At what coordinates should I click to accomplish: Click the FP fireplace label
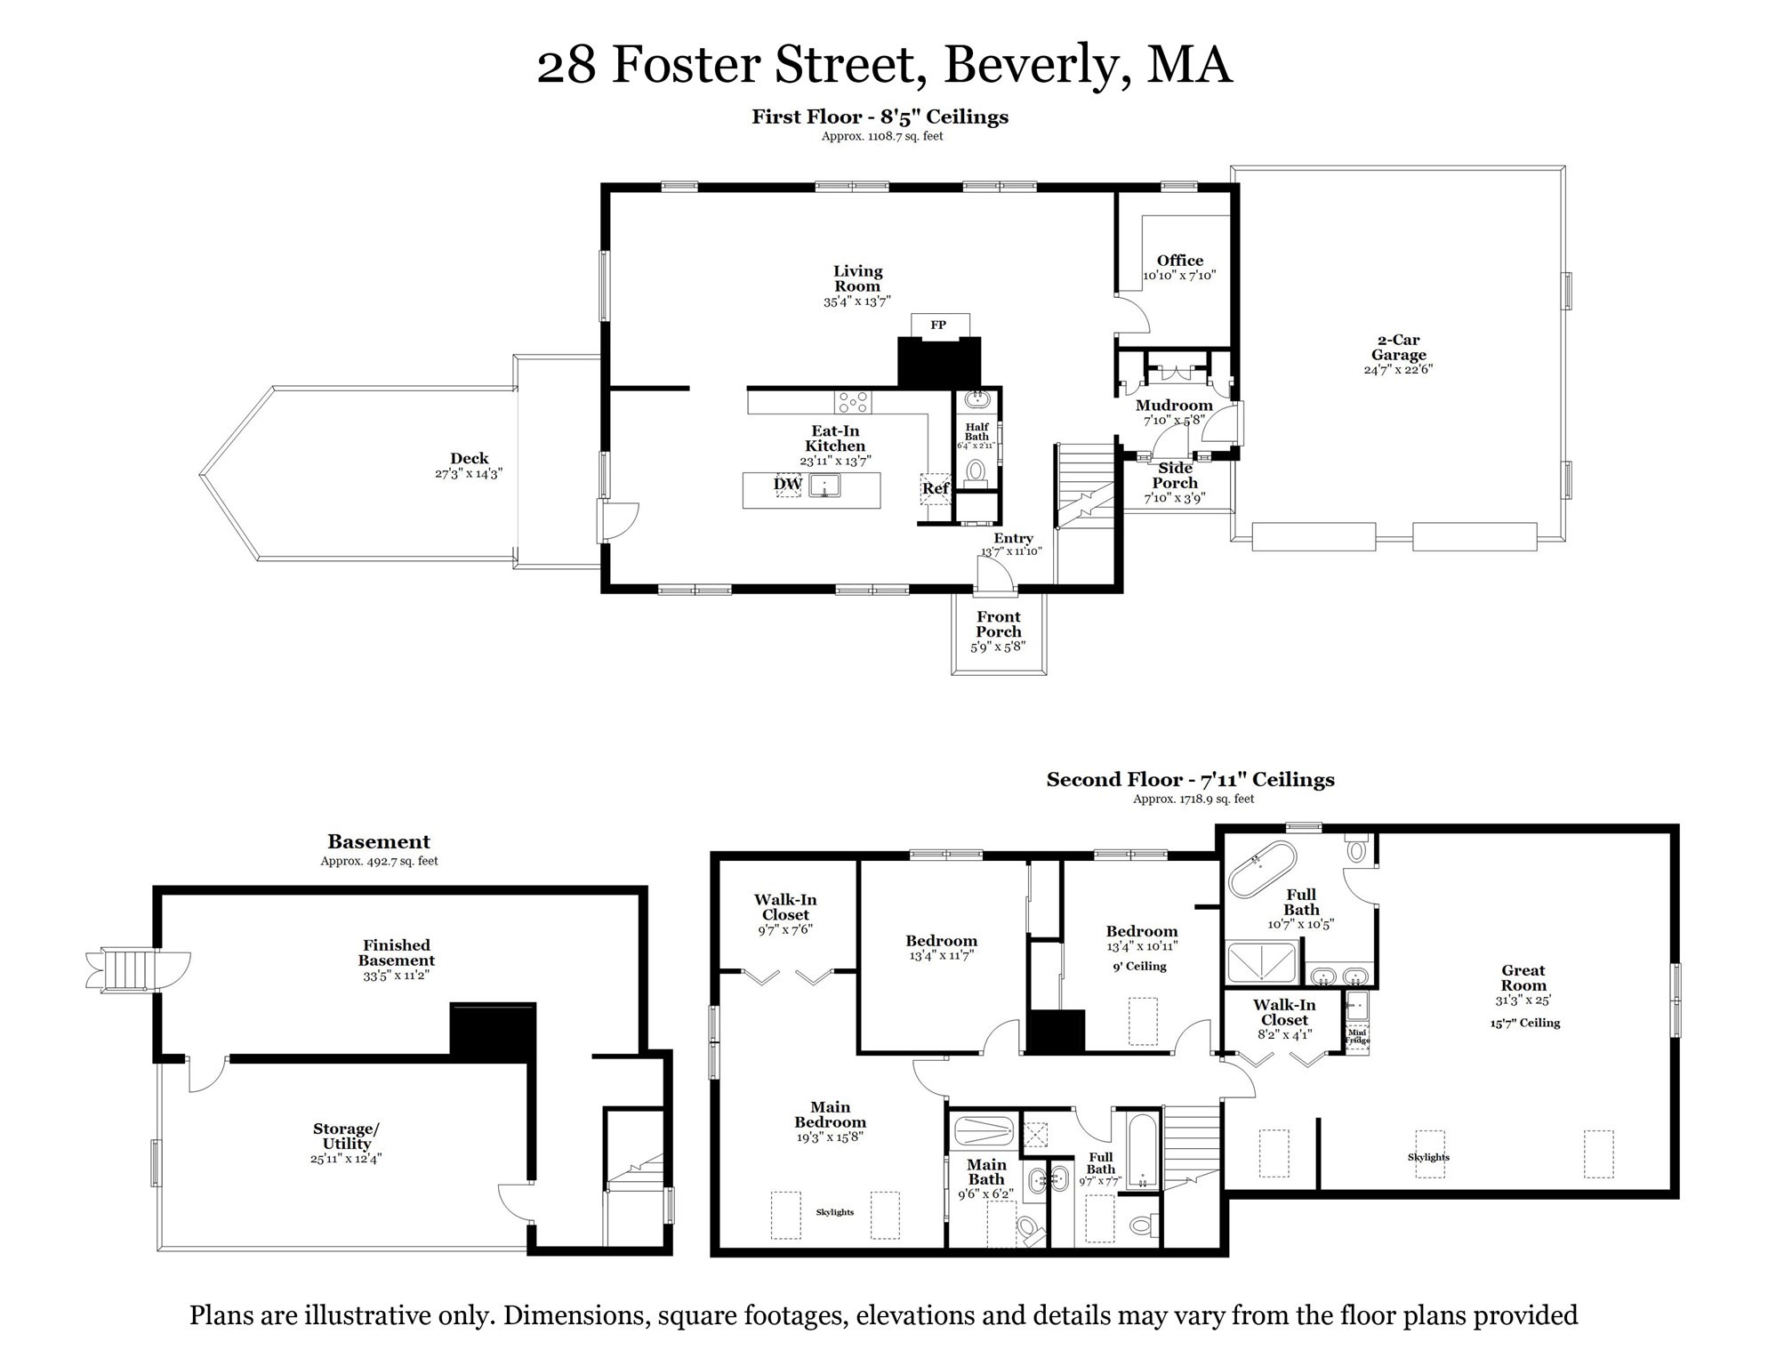coord(938,325)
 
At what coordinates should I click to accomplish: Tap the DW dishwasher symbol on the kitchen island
coord(787,485)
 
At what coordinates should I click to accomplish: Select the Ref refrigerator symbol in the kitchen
coord(935,488)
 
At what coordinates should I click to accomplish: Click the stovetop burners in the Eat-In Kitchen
coord(852,403)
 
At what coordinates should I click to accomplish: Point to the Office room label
coord(1179,261)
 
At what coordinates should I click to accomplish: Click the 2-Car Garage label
coord(1398,347)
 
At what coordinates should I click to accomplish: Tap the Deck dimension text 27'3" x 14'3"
coord(469,474)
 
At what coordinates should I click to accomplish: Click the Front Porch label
coord(998,624)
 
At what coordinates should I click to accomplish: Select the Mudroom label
coord(1174,406)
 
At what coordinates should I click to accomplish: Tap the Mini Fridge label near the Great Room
coord(1357,1036)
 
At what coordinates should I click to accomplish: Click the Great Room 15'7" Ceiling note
coord(1525,1023)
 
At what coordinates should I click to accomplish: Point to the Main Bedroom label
coord(830,1114)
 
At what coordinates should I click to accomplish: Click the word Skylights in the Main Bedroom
coord(834,1212)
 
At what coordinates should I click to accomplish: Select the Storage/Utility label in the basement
coord(346,1137)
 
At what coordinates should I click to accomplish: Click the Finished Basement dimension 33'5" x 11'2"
coord(396,976)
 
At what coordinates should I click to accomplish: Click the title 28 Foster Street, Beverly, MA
coord(884,65)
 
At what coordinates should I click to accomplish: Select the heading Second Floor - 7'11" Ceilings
coord(1190,780)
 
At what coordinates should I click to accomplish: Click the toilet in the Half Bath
coord(976,470)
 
